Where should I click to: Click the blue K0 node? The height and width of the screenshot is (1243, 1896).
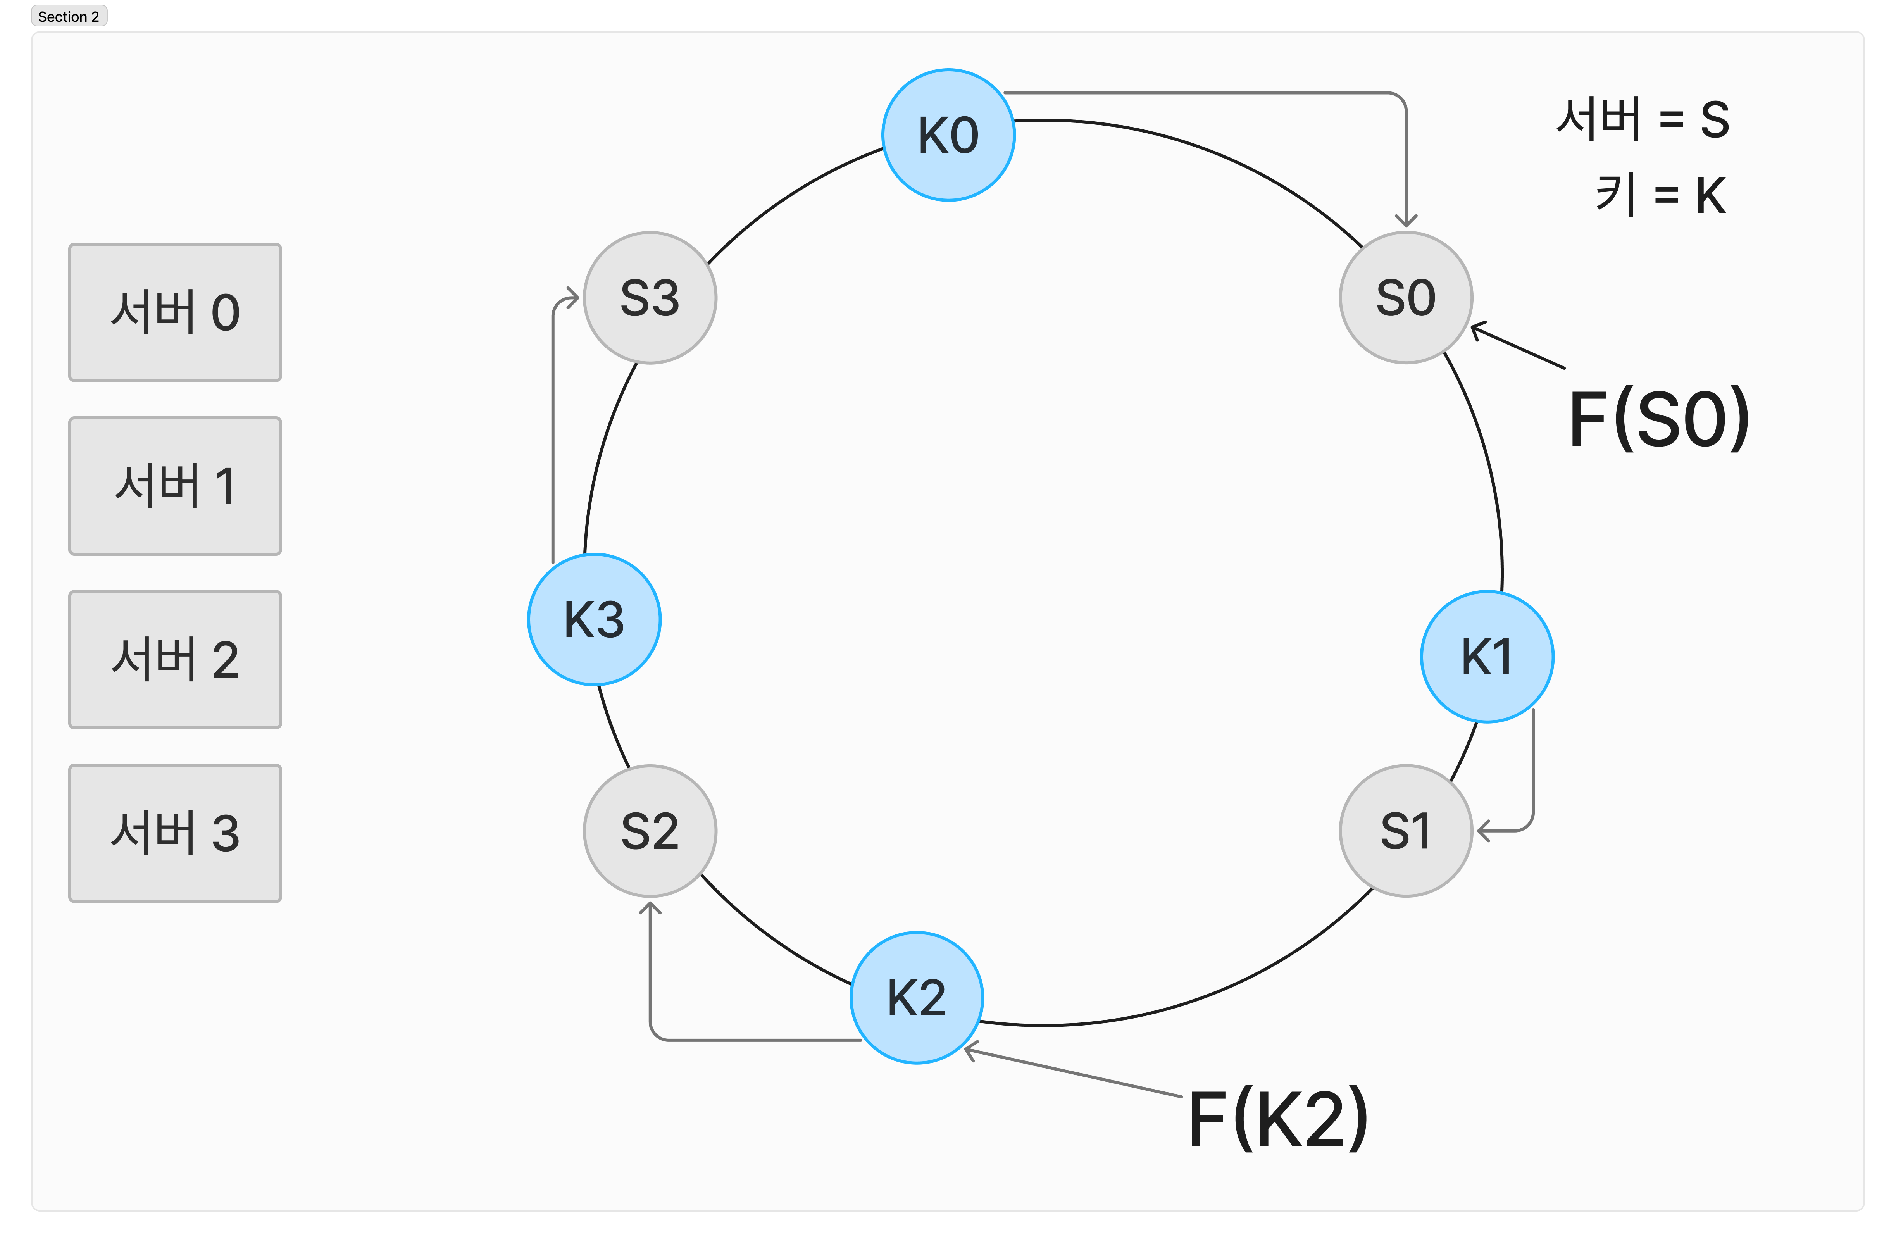(x=948, y=134)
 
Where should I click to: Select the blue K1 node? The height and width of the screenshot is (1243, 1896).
(x=1486, y=657)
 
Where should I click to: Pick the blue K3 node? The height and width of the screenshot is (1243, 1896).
(x=593, y=619)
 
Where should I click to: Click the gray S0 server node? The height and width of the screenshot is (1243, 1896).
(x=1405, y=297)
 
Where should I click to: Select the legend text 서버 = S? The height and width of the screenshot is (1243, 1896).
(x=1643, y=119)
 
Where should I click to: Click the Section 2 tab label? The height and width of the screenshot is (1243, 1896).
(x=69, y=16)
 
